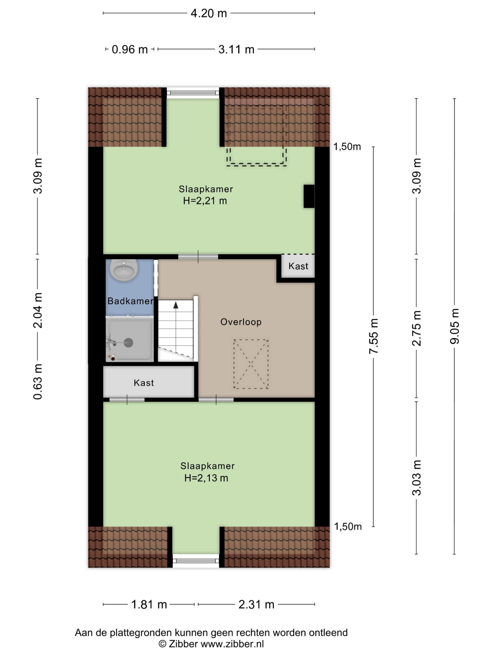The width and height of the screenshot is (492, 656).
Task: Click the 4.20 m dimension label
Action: click(209, 13)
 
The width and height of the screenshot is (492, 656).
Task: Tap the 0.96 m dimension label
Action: click(130, 49)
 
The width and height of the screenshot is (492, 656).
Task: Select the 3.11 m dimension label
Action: click(236, 49)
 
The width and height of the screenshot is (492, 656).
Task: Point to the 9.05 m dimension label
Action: click(454, 326)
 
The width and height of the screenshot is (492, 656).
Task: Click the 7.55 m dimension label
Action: click(373, 336)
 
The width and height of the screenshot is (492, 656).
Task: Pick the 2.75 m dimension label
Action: click(416, 328)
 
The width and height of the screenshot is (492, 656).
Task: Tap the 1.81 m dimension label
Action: click(149, 604)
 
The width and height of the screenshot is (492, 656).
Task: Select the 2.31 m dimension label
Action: click(256, 604)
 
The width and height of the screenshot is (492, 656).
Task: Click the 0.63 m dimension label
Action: click(38, 382)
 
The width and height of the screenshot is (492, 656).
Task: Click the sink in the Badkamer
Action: click(124, 270)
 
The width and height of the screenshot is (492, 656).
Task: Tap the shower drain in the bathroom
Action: click(128, 343)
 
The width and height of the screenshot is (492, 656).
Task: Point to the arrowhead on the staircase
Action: click(176, 305)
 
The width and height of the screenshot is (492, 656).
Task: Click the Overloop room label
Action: click(241, 322)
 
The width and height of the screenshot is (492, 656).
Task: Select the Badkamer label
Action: click(130, 301)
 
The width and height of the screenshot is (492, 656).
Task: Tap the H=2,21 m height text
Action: click(205, 201)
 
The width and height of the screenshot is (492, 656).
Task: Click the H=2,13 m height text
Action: click(206, 478)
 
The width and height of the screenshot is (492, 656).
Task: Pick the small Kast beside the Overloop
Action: click(298, 266)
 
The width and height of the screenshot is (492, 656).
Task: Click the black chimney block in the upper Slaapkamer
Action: click(309, 196)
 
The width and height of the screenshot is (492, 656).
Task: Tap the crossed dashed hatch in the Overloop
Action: click(251, 364)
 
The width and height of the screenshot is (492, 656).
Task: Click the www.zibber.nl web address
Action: click(232, 644)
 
